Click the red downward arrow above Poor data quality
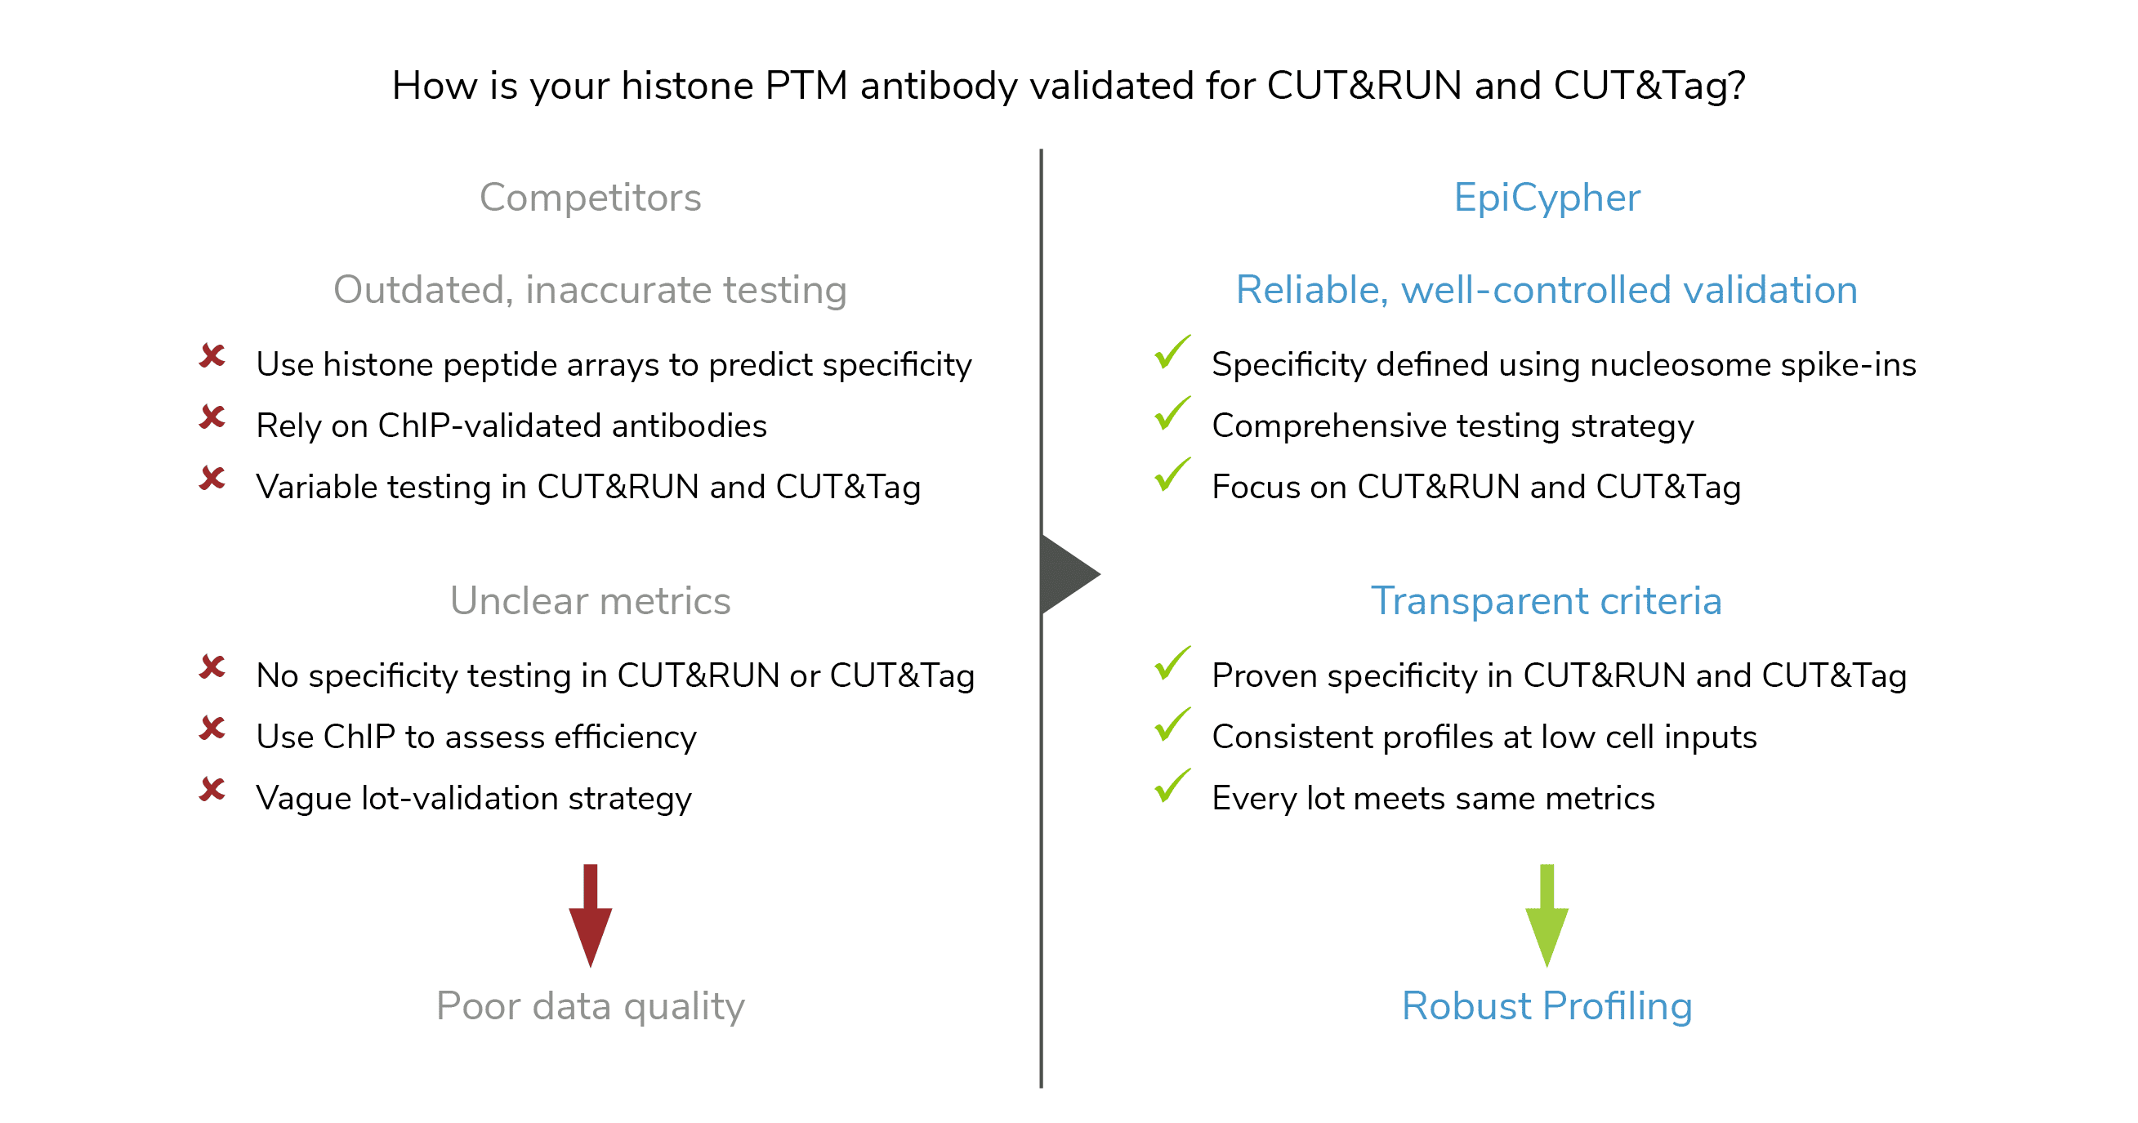(x=590, y=915)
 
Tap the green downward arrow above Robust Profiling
(x=1547, y=915)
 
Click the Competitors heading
(x=590, y=198)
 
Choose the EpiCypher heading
(x=1547, y=198)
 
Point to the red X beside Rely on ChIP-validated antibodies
(x=212, y=417)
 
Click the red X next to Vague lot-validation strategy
(x=212, y=788)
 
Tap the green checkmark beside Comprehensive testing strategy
(x=1172, y=413)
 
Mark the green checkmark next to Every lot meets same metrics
(x=1172, y=785)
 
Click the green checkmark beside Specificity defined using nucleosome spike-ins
(x=1172, y=352)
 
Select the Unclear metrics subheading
(x=590, y=600)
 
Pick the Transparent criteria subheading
(x=1547, y=600)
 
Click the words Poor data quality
(x=590, y=1006)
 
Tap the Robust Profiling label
(x=1547, y=1006)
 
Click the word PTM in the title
(x=806, y=86)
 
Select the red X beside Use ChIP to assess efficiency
(x=212, y=728)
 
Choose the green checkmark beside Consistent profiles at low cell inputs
(x=1172, y=724)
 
